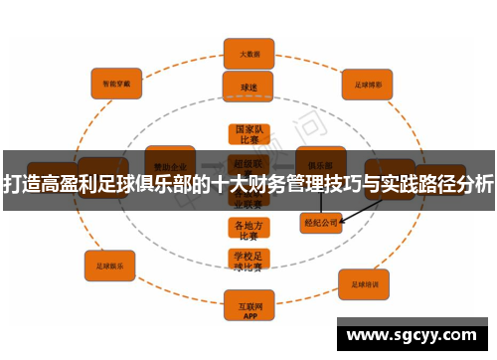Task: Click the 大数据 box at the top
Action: (248, 52)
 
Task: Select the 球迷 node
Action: (248, 87)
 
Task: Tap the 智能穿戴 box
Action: (116, 83)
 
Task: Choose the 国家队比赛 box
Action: (248, 134)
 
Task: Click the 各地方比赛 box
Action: (248, 230)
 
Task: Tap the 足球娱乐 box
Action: (109, 266)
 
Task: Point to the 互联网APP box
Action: (248, 300)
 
